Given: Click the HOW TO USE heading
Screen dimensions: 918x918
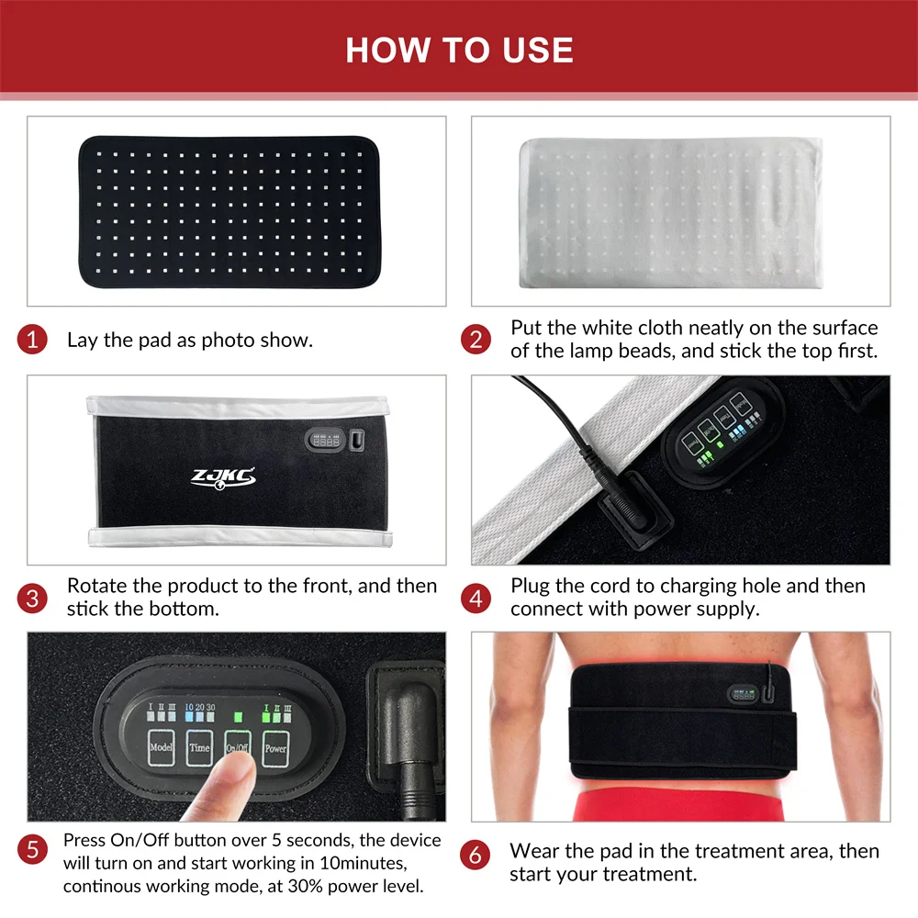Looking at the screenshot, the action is pos(459,50).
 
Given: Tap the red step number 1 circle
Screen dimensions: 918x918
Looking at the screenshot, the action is pos(32,340).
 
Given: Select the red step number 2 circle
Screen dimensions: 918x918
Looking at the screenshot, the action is pos(476,340).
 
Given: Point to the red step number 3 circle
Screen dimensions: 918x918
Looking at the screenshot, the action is pos(32,599).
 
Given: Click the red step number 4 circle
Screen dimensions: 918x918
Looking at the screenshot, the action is pos(476,599).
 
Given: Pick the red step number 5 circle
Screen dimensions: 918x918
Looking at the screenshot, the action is pos(32,849).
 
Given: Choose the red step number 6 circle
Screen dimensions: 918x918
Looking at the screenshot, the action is pos(475,856).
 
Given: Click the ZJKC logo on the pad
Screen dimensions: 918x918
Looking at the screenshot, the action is pos(223,477).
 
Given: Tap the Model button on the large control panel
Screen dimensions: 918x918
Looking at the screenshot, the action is pos(161,747).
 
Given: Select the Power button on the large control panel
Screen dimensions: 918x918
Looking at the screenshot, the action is pos(275,748).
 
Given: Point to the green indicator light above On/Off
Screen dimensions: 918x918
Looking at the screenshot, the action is pos(238,717).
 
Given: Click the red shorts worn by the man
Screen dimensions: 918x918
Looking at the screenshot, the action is pos(678,804).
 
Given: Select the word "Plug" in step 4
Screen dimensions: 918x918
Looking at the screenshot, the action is pos(530,587).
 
